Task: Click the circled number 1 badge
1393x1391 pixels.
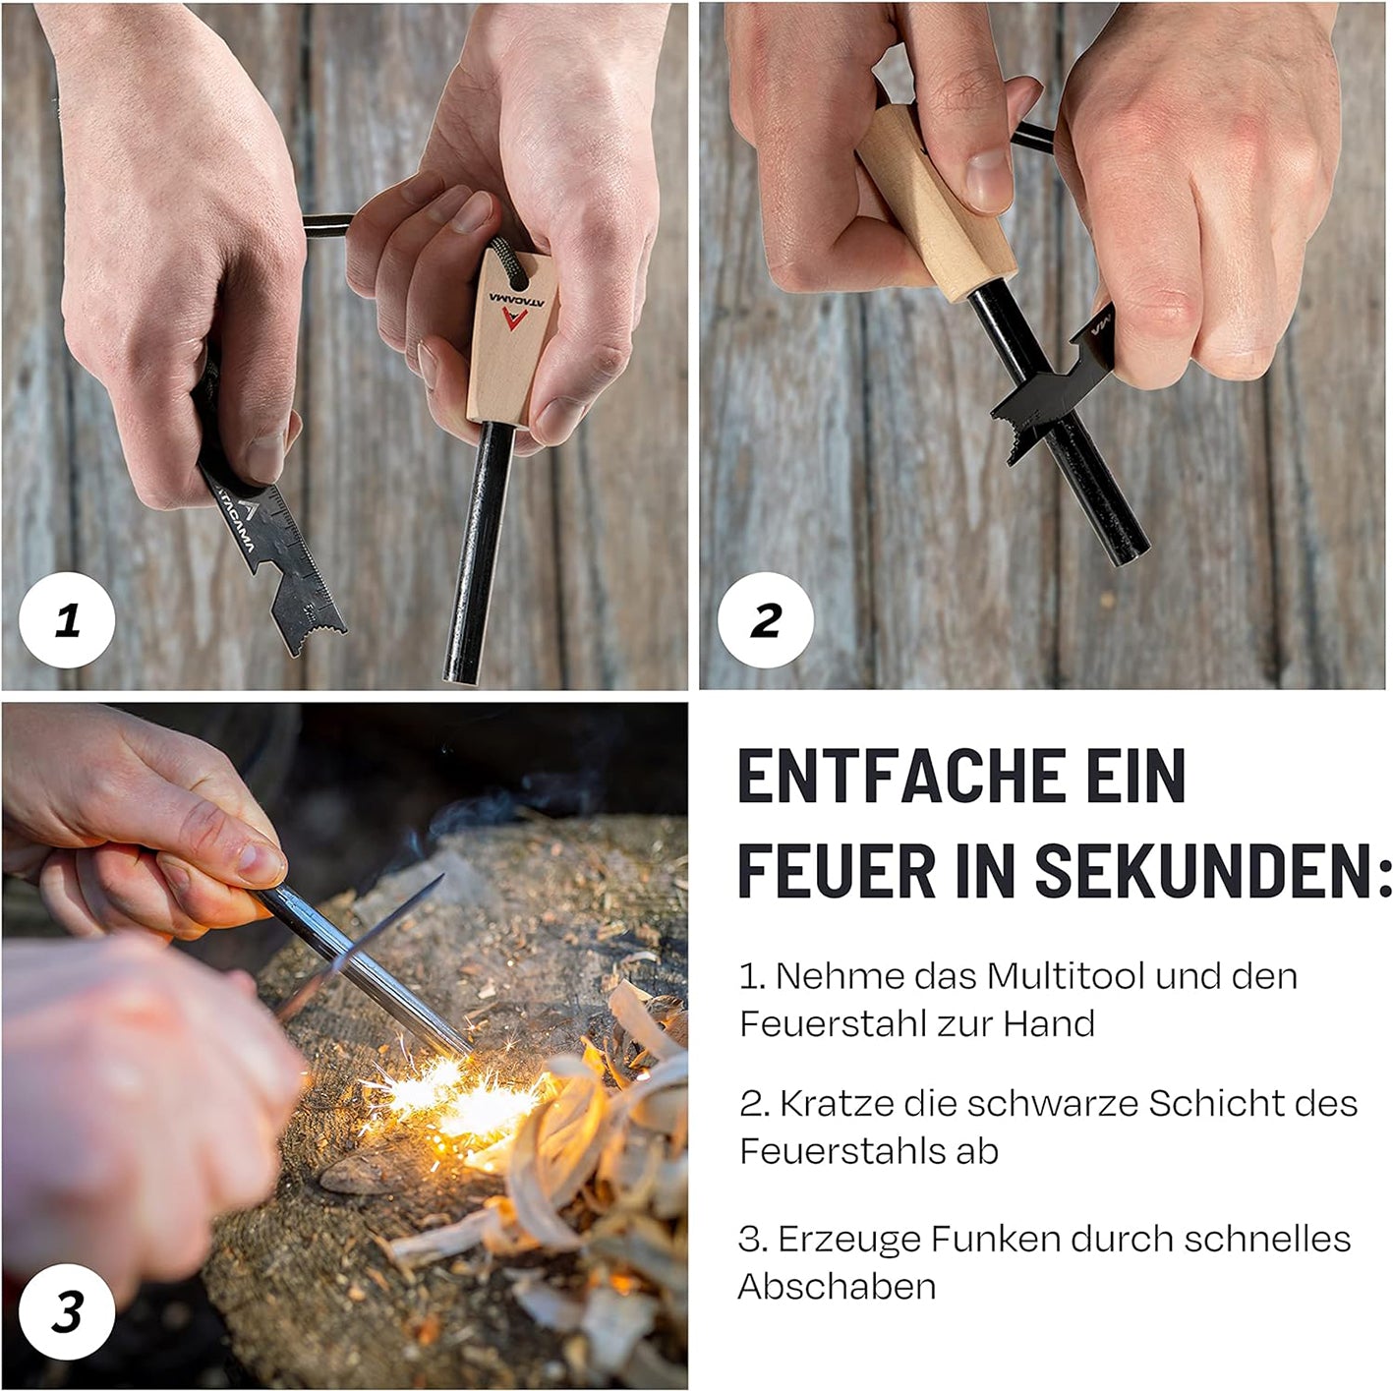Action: pos(67,619)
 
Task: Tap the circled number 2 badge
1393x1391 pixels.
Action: pos(766,619)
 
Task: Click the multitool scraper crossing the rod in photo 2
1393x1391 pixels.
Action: pos(1057,390)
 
